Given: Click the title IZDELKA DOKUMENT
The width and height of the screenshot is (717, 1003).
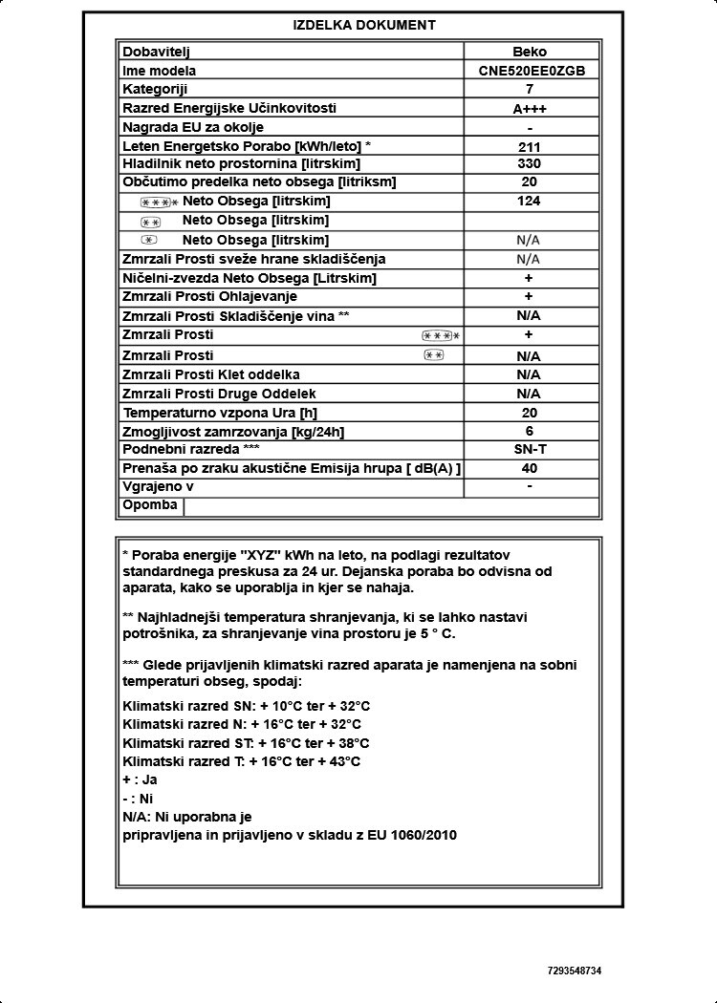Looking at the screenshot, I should (x=351, y=26).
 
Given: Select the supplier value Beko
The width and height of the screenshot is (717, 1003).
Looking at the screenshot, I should (x=530, y=52).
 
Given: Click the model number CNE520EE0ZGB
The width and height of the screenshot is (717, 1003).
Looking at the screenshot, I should (x=532, y=71).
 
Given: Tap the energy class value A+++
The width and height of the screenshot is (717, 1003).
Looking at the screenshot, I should (x=530, y=109).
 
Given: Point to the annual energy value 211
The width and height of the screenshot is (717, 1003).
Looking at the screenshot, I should (x=530, y=147).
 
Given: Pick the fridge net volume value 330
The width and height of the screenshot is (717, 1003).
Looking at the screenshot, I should (x=530, y=164).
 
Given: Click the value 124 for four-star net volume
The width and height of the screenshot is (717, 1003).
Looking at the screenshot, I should (x=530, y=201).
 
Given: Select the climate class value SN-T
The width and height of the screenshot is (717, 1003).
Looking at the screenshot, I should (x=530, y=449).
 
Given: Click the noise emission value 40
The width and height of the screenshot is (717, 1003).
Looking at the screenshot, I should (x=530, y=468).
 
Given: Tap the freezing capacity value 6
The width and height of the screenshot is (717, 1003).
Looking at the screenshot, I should (x=530, y=431).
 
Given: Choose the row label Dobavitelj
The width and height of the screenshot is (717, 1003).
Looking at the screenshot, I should (x=158, y=52).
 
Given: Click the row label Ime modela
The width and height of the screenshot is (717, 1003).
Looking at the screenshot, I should (x=159, y=71).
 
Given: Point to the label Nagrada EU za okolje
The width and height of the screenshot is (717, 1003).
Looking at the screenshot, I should (x=192, y=127).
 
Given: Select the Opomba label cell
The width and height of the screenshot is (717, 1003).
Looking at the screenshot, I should (x=150, y=505).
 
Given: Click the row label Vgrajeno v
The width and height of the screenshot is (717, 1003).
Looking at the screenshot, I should (x=158, y=486).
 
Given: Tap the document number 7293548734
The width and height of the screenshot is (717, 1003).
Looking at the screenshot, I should (x=575, y=971).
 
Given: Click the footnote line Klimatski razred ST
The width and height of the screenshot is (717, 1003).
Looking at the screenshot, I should (x=246, y=743).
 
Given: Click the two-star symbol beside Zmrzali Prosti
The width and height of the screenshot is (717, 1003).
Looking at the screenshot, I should (x=433, y=355).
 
